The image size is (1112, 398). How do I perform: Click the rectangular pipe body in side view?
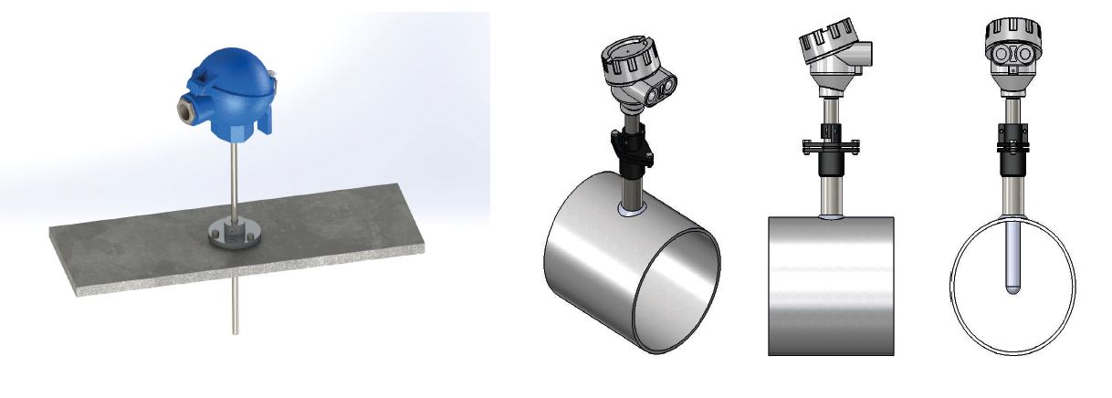coord(830,283)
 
